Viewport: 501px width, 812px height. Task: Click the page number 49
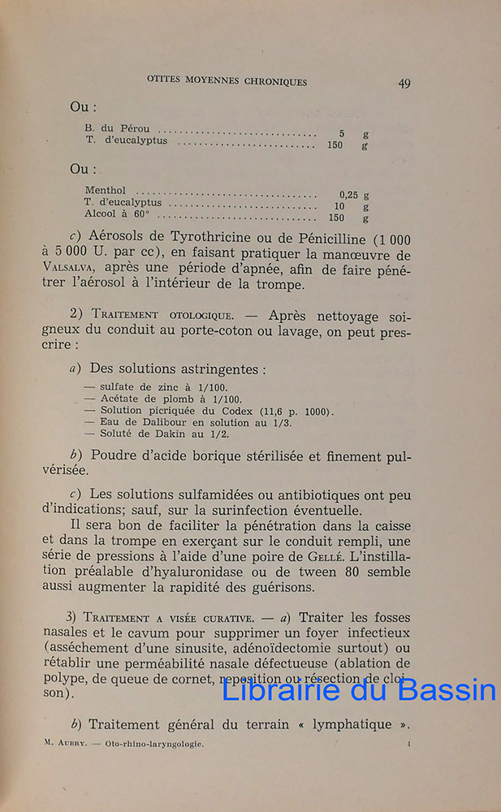click(x=404, y=83)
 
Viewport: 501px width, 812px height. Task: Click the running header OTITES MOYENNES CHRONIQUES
click(x=227, y=81)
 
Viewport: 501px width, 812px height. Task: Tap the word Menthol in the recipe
click(x=105, y=190)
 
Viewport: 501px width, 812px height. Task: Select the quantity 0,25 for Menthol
click(x=349, y=195)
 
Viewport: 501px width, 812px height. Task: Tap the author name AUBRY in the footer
click(x=71, y=743)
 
